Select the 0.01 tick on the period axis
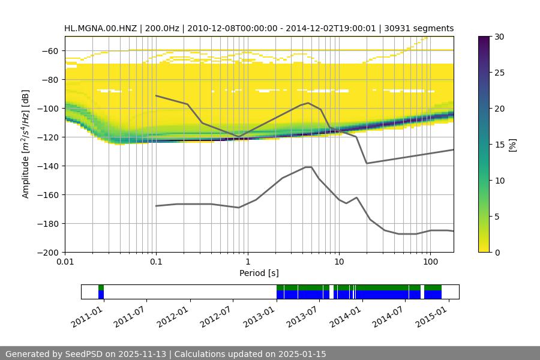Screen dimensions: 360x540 tap(65, 262)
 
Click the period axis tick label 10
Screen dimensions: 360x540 tap(338, 262)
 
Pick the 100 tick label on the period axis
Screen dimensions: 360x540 tap(430, 262)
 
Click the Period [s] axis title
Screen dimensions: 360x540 tap(259, 273)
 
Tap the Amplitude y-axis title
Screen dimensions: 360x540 tap(26, 144)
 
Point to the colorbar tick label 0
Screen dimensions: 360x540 tap(498, 253)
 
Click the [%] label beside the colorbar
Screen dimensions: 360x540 tap(512, 145)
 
